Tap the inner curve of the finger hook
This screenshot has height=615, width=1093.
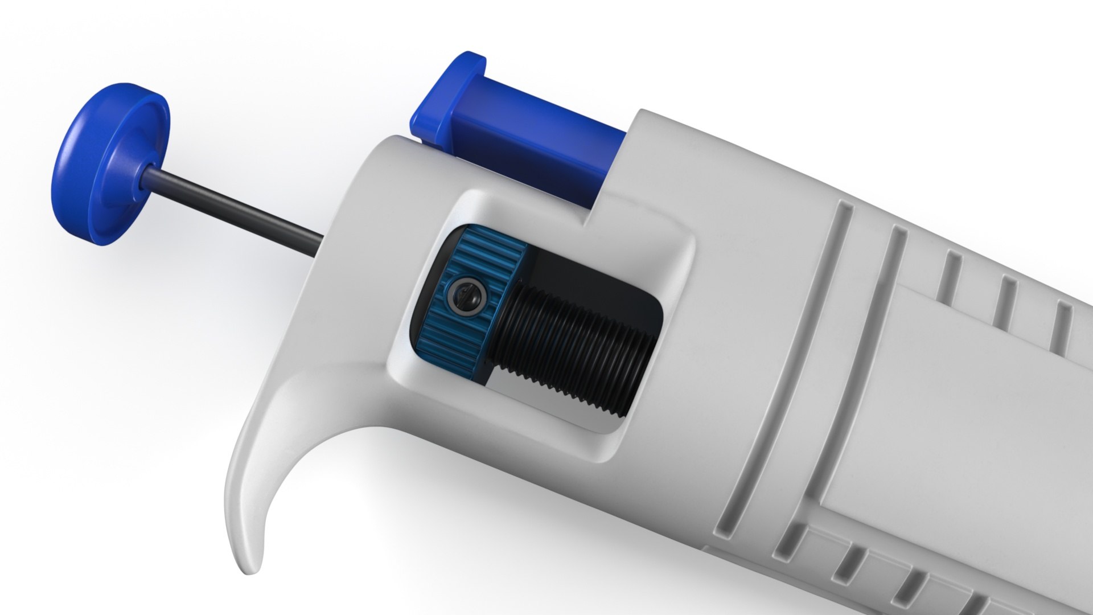(x=319, y=456)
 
